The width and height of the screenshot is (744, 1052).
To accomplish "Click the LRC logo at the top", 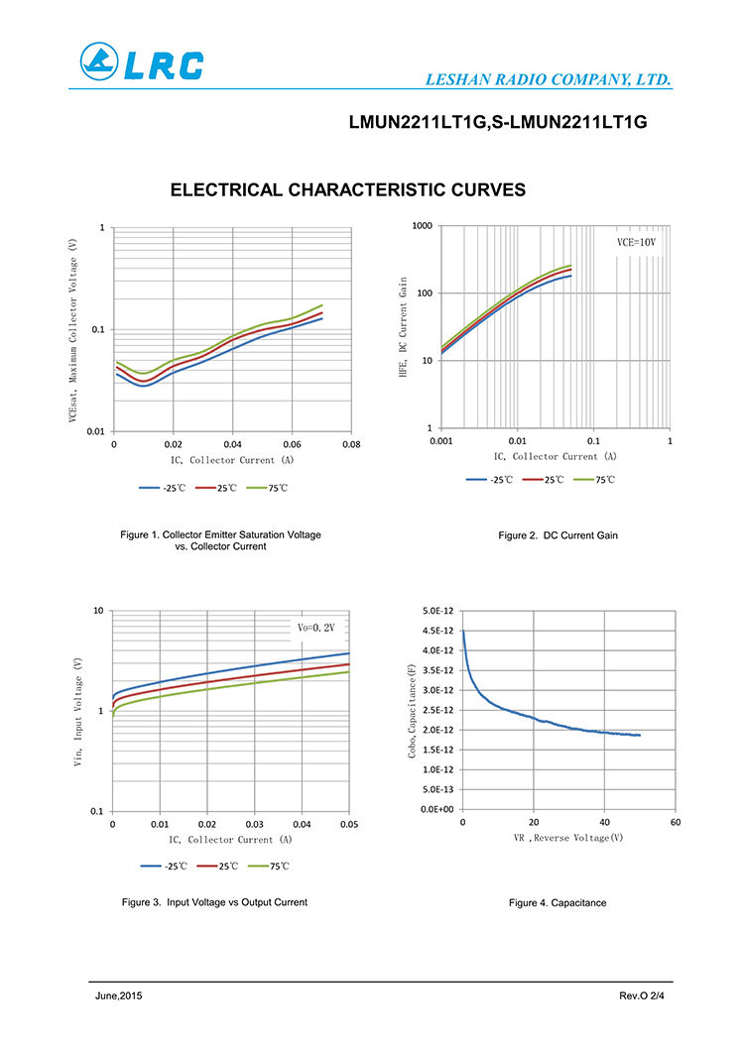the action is [x=142, y=61].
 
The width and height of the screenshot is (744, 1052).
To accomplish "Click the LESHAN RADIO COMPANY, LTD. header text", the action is [x=548, y=79].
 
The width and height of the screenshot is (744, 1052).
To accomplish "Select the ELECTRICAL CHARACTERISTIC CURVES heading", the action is [x=348, y=189].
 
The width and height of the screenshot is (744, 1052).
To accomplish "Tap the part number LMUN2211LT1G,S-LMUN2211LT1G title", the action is [x=498, y=122].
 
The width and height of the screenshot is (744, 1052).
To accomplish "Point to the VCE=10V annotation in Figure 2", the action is [x=636, y=242].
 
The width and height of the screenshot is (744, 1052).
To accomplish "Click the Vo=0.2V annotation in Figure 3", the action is [x=315, y=628].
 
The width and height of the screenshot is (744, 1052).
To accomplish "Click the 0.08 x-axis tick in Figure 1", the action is [x=351, y=444].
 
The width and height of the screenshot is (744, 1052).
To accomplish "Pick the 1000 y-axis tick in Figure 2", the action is [x=423, y=225].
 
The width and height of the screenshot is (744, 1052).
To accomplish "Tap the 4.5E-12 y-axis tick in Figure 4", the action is [x=437, y=631].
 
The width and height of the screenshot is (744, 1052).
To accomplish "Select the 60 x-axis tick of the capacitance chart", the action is [x=675, y=822].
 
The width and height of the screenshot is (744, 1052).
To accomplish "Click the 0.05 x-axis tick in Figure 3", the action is [x=349, y=824].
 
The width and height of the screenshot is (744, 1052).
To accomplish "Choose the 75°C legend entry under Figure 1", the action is [x=267, y=488].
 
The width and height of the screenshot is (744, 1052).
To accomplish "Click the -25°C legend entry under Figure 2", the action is [x=489, y=480].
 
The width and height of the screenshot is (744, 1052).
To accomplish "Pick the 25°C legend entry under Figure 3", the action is [x=217, y=867].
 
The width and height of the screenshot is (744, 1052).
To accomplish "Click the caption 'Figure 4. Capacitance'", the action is [x=558, y=903].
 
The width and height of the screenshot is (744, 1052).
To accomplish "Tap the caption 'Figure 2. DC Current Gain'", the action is [x=558, y=535].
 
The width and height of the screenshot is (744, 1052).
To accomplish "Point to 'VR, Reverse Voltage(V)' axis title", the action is [x=568, y=838].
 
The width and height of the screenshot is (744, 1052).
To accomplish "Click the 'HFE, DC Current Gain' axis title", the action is [x=403, y=327].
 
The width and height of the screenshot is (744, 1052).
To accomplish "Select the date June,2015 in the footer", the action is [x=119, y=995].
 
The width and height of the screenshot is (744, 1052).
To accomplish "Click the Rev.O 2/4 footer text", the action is [x=642, y=995].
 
